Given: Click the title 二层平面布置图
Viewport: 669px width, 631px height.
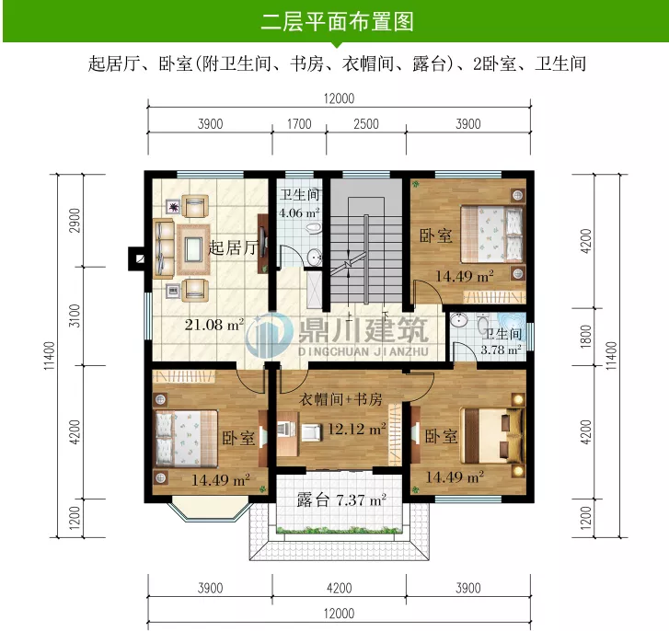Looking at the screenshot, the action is tap(337, 21).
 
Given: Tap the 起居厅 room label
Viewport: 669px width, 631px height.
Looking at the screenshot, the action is tap(233, 247).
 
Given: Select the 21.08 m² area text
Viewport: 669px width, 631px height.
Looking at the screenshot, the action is tap(214, 325).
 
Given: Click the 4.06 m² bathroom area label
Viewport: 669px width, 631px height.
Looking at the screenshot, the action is tap(299, 212).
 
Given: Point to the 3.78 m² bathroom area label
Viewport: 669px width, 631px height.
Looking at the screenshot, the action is tap(501, 350).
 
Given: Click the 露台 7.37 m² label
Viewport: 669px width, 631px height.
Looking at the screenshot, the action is tap(341, 499).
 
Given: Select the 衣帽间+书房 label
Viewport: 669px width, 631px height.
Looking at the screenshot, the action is tap(340, 399).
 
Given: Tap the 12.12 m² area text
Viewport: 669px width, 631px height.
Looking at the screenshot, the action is tap(357, 429).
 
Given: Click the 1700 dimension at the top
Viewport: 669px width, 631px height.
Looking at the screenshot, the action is tap(299, 124).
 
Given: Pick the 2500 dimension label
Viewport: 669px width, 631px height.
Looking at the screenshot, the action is tap(366, 124).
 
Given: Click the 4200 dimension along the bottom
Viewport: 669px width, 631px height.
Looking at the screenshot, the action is tap(340, 589).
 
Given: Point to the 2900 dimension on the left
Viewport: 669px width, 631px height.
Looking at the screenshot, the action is tap(75, 220).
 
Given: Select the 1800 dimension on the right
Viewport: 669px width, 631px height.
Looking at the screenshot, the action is tap(586, 337).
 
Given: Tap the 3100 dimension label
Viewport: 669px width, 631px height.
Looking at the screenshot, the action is tap(75, 315).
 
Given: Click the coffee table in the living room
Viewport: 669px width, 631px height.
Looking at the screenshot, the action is tap(193, 249).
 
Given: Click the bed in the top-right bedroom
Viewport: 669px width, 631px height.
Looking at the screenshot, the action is tap(492, 234).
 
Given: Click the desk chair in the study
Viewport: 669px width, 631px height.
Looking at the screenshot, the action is tap(312, 432).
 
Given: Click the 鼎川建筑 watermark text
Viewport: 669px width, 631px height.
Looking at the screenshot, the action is tap(363, 330).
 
